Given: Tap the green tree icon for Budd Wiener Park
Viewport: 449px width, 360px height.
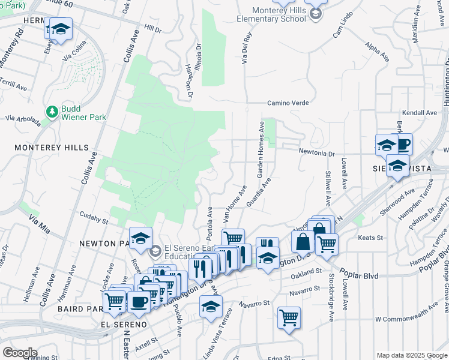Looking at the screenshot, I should click(52, 111).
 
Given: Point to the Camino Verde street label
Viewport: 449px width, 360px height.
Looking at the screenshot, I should click(288, 103).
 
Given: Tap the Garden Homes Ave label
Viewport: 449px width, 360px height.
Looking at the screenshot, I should click(261, 150).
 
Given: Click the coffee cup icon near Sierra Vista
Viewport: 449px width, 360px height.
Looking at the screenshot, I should click(402, 145).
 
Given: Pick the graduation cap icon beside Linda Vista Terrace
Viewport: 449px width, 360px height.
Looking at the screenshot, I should click(211, 307).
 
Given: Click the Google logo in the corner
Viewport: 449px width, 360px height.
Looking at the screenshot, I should click(20, 352).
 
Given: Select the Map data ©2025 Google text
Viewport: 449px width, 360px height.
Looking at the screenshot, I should click(411, 355).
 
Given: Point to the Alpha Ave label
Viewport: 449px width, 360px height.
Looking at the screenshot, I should click(376, 51).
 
